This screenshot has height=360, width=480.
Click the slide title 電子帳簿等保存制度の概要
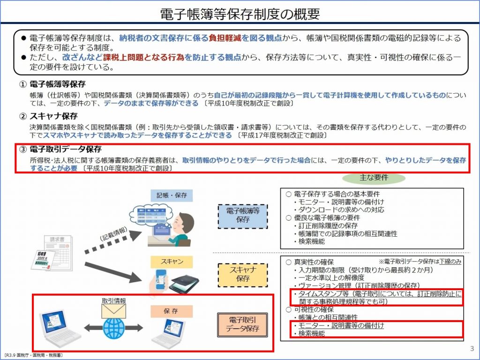(x=240, y=14)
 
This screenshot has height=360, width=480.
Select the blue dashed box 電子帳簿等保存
(x=242, y=215)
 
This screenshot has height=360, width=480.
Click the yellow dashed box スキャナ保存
(x=242, y=274)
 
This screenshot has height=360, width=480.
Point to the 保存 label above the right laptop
(x=171, y=311)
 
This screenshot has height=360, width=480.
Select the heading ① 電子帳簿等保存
(x=52, y=84)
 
